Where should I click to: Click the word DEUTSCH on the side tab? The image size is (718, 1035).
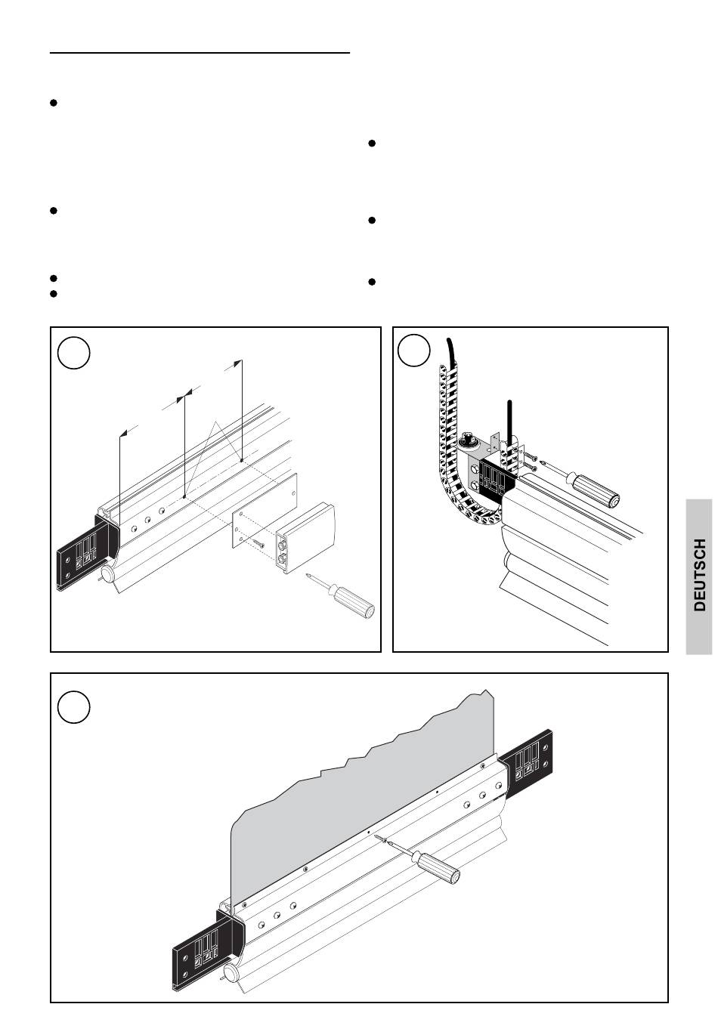(x=701, y=575)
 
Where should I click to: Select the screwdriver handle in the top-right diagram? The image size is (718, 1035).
(x=596, y=490)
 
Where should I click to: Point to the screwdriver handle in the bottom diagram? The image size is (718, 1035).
(x=437, y=868)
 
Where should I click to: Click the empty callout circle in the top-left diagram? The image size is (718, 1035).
(x=73, y=353)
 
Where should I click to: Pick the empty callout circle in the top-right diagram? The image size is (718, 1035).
(x=413, y=351)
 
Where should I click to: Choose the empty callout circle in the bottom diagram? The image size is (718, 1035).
(x=73, y=707)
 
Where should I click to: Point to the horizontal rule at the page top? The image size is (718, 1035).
(x=200, y=53)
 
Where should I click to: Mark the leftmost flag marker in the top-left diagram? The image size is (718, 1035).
(x=123, y=434)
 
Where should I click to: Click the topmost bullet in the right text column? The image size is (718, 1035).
(x=372, y=144)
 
